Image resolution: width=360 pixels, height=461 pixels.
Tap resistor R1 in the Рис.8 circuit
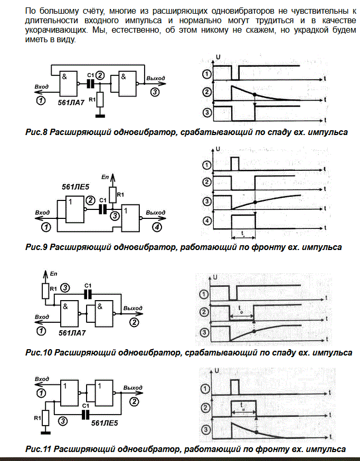click(x=100, y=99)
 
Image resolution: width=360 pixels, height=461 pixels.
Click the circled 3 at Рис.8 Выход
click(x=154, y=92)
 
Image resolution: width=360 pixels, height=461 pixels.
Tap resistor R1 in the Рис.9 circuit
click(x=112, y=195)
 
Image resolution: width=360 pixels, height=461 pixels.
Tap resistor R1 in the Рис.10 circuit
click(x=45, y=290)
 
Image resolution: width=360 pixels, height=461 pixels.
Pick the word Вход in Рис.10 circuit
click(x=42, y=317)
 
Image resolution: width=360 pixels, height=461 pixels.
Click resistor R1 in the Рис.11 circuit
click(x=45, y=419)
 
